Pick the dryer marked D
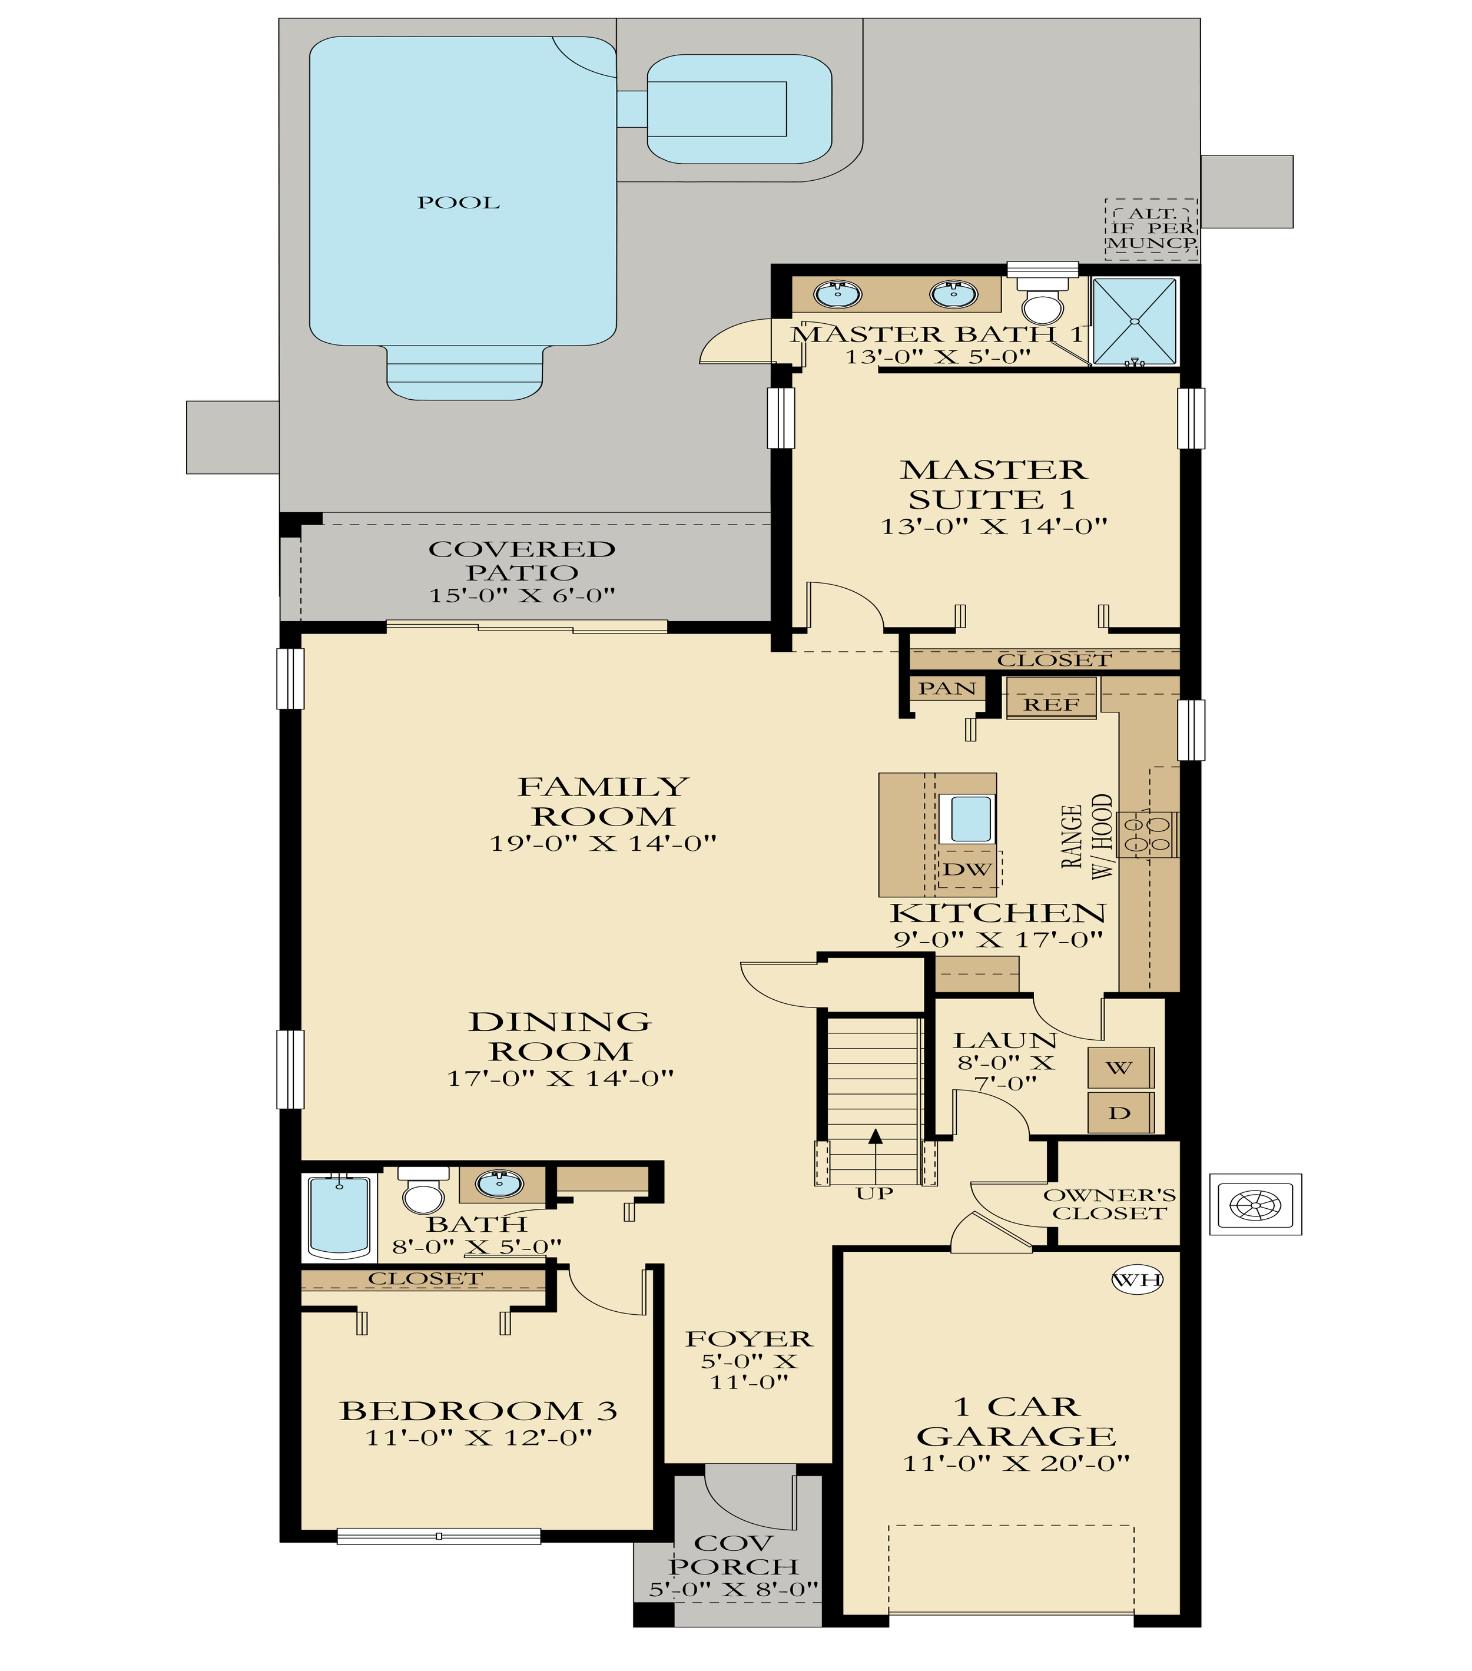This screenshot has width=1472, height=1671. [x=1120, y=1113]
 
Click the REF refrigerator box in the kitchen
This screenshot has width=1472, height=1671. [x=1051, y=699]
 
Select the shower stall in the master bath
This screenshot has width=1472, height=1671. [x=1135, y=321]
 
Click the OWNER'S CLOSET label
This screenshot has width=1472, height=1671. [x=1109, y=1204]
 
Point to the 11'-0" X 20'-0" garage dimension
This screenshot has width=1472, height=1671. [x=1016, y=1463]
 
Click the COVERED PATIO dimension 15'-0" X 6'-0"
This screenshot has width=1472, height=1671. [x=522, y=595]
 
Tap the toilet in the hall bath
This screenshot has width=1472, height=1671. [x=423, y=1191]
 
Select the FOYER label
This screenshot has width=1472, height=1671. [x=749, y=1339]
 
